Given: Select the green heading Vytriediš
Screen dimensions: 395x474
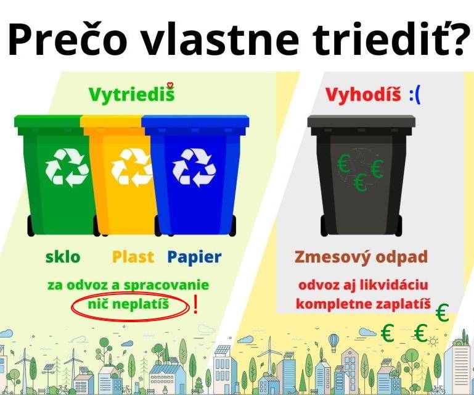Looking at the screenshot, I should (131, 94).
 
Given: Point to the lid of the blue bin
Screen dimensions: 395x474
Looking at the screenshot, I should (196, 121).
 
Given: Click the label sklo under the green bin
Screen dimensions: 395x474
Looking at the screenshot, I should (62, 257).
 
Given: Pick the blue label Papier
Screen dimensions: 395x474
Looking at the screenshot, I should (194, 257).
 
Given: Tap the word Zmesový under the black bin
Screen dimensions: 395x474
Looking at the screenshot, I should (332, 257).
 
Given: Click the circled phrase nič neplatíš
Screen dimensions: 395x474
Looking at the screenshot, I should (129, 305).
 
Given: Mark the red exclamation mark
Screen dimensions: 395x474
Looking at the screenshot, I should (195, 306).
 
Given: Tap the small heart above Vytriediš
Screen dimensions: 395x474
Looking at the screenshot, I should (171, 85).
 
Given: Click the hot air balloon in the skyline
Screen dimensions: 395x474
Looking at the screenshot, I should (333, 340).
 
